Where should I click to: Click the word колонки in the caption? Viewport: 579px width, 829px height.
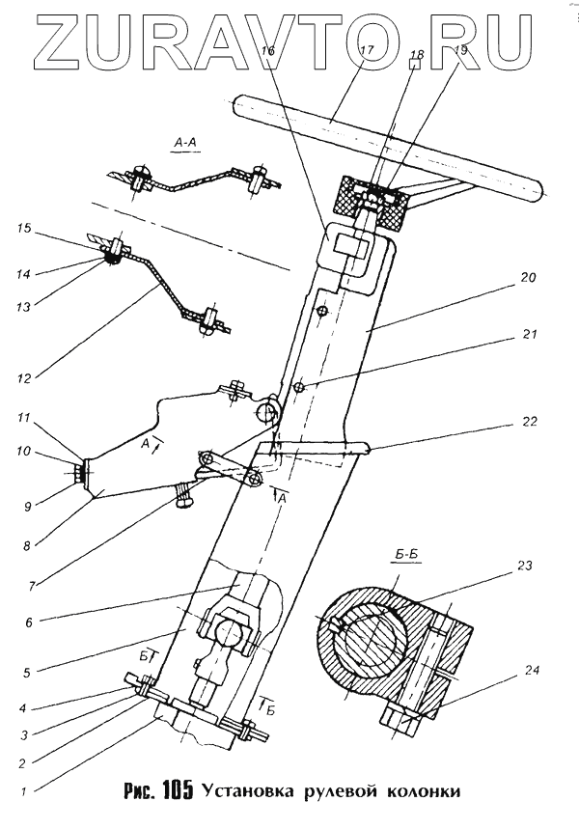(x=419, y=794)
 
